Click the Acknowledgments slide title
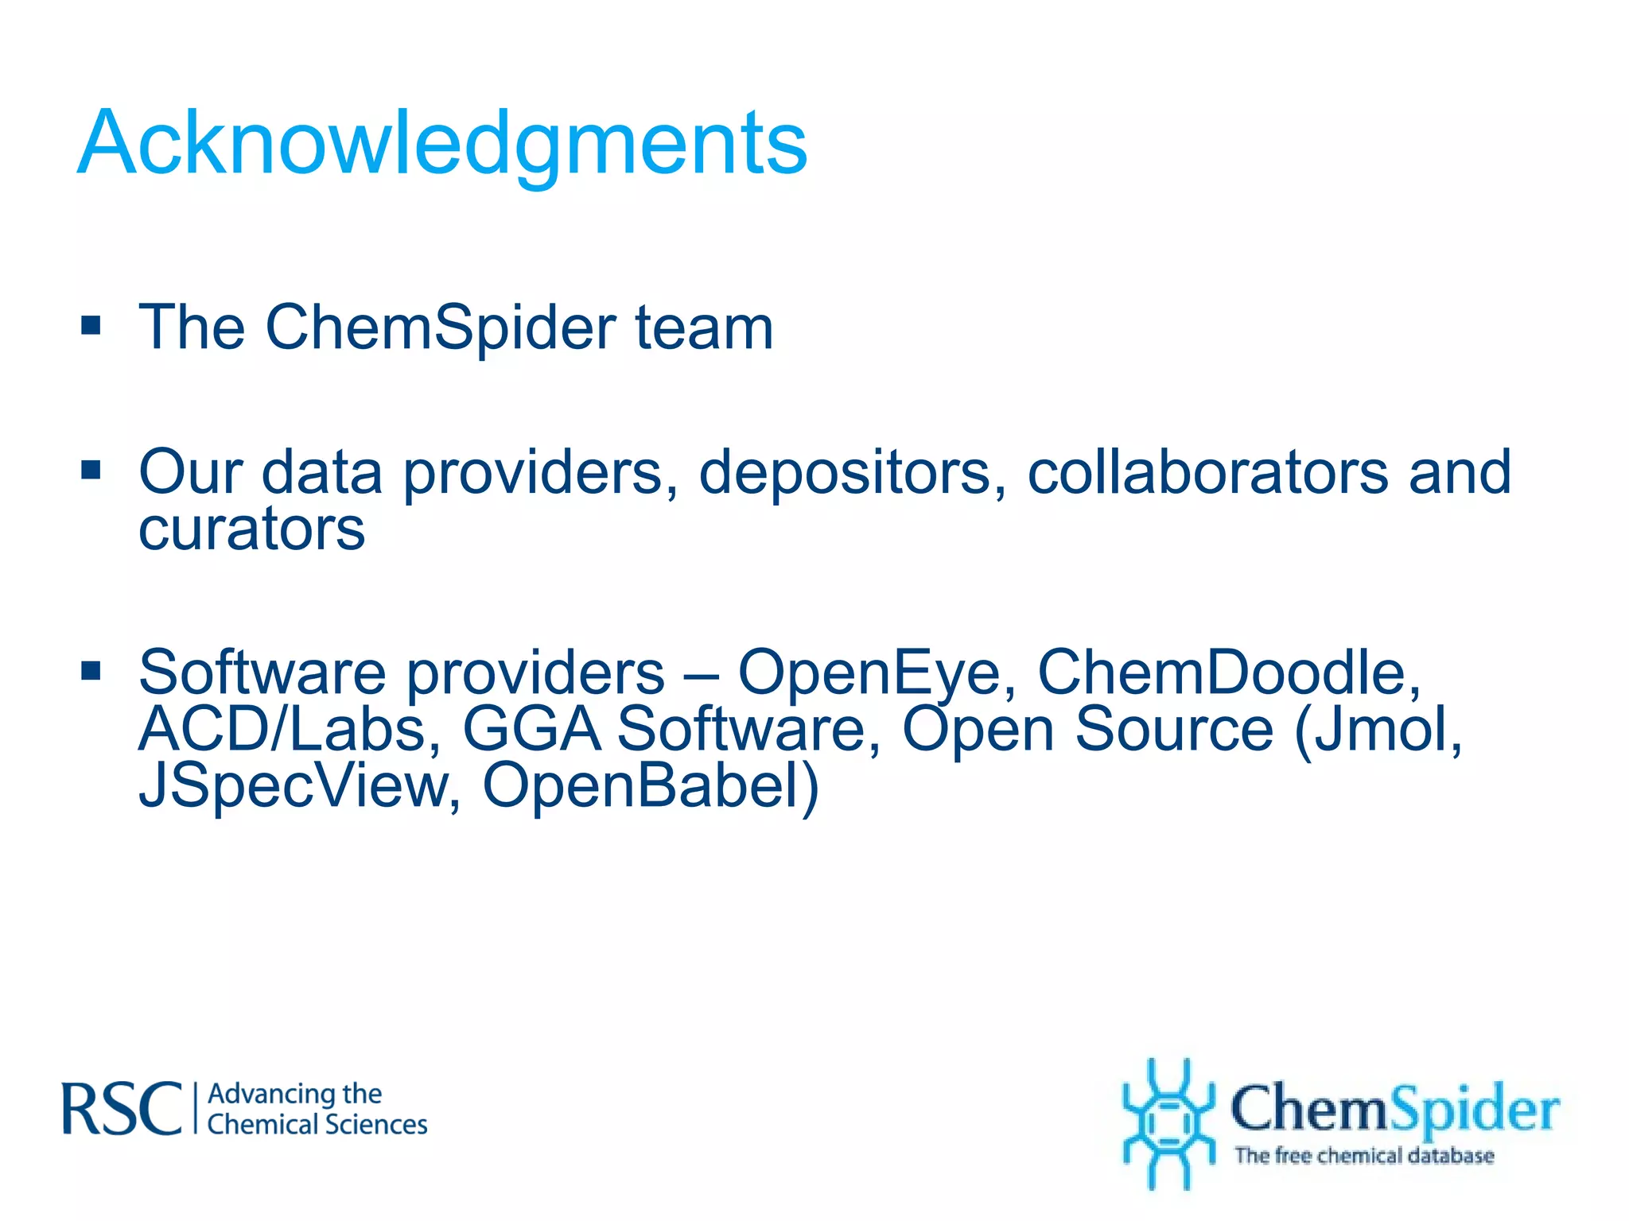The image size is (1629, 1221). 442,143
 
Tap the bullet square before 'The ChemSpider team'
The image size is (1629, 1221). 91,326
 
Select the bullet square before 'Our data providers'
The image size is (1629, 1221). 91,471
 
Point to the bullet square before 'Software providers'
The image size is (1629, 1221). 91,671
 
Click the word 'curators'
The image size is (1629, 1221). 251,529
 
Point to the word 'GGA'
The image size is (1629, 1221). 531,730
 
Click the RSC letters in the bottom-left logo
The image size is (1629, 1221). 122,1109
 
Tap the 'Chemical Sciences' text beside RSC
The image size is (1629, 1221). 317,1125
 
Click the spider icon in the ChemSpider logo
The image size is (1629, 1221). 1168,1122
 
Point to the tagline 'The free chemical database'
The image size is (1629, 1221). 1364,1155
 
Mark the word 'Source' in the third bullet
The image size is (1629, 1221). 1174,730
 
